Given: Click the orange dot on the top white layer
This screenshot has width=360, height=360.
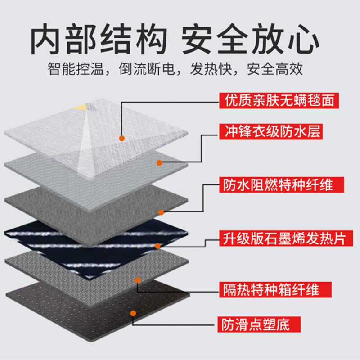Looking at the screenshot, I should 121,138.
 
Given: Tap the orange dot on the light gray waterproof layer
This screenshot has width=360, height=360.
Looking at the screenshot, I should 159,162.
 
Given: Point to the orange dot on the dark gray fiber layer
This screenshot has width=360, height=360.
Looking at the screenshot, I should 161,211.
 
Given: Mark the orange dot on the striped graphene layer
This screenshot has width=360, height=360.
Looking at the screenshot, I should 157,246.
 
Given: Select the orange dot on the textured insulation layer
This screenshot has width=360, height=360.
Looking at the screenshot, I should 138,280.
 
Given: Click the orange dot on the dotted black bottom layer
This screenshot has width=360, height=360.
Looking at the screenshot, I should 133,312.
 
